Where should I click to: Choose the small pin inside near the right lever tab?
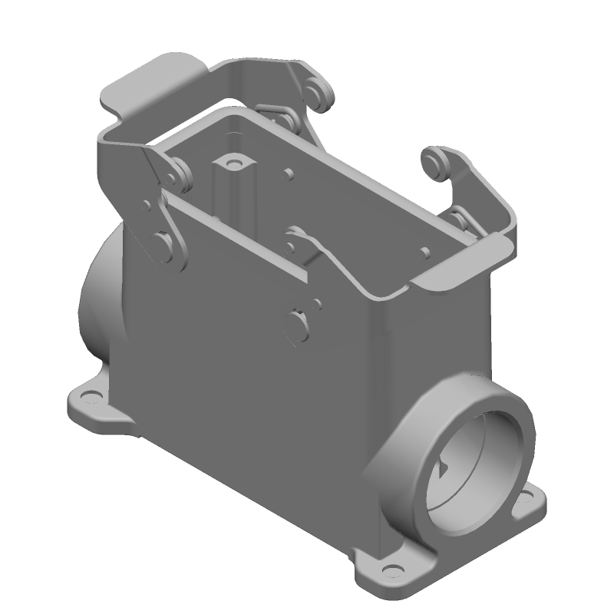424,252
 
